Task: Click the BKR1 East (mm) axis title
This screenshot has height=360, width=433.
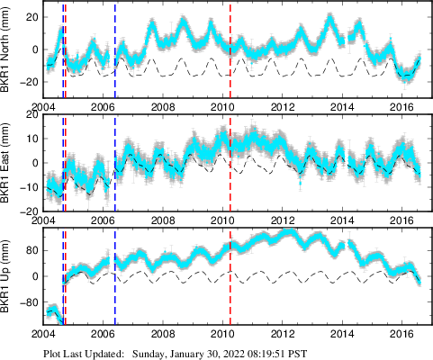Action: (8, 163)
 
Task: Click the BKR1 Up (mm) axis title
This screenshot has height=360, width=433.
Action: (8, 278)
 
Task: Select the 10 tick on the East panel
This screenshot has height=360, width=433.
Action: (31, 140)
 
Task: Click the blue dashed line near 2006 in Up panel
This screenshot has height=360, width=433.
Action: (115, 279)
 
